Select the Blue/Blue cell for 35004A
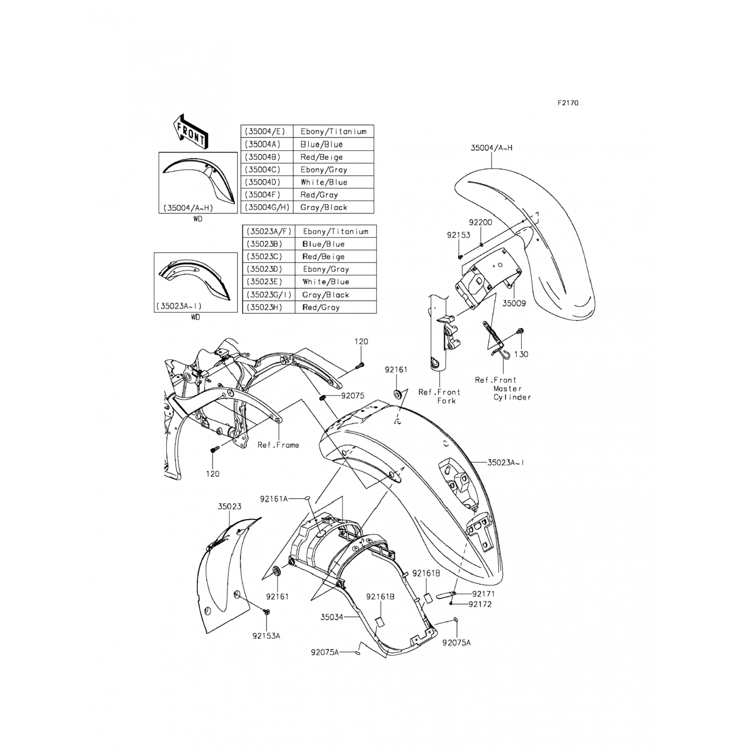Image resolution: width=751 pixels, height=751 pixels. point(333,144)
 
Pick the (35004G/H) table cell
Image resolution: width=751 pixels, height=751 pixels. point(267,207)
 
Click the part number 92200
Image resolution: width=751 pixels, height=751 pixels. point(480,222)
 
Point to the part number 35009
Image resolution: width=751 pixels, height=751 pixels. point(514,303)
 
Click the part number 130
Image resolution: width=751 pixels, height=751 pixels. point(521,354)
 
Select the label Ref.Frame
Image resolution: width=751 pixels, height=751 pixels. point(278,445)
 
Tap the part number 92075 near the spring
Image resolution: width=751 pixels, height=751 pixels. point(353,396)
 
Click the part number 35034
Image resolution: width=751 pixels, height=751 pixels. point(332,617)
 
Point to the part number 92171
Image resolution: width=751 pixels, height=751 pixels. point(484,594)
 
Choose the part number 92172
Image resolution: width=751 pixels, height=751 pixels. point(480,604)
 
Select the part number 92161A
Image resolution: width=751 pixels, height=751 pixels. point(274,499)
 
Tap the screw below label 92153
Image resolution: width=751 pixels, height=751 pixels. point(460,256)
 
